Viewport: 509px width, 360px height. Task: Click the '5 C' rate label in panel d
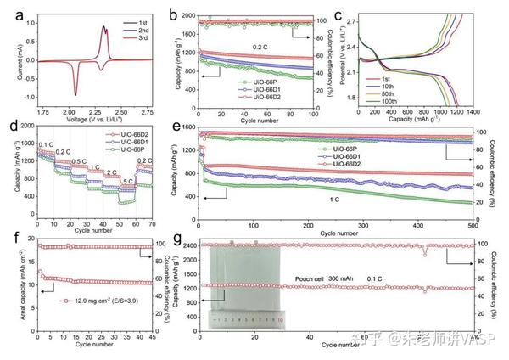[x=128, y=182]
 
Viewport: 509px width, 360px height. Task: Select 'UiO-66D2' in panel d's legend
[x=127, y=133]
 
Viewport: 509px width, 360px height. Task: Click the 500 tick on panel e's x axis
[x=471, y=224]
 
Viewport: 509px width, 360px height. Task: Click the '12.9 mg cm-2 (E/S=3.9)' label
[x=97, y=300]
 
